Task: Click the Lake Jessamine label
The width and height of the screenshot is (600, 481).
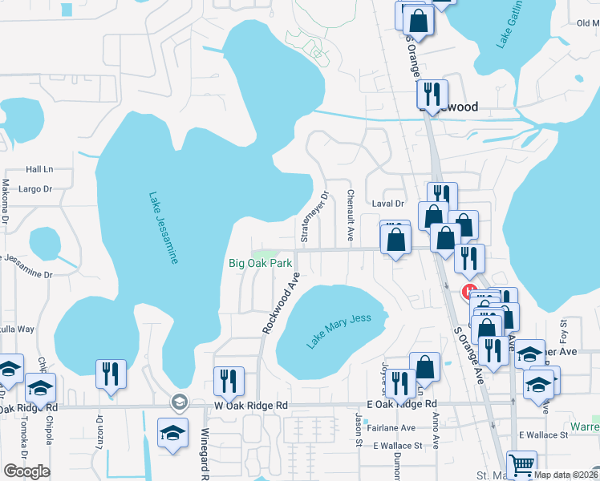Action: point(163,228)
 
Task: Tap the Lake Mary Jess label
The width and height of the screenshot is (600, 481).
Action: point(339,330)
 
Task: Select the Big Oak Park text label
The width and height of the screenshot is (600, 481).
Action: point(260,263)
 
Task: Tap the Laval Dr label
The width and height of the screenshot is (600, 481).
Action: point(388,204)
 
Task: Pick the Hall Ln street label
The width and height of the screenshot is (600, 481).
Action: point(39,169)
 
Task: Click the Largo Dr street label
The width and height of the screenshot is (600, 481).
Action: point(35,189)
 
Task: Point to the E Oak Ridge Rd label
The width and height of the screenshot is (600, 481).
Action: point(401,404)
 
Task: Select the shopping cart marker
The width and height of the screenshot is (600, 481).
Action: point(522,463)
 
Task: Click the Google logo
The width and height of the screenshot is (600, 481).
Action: point(26,471)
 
